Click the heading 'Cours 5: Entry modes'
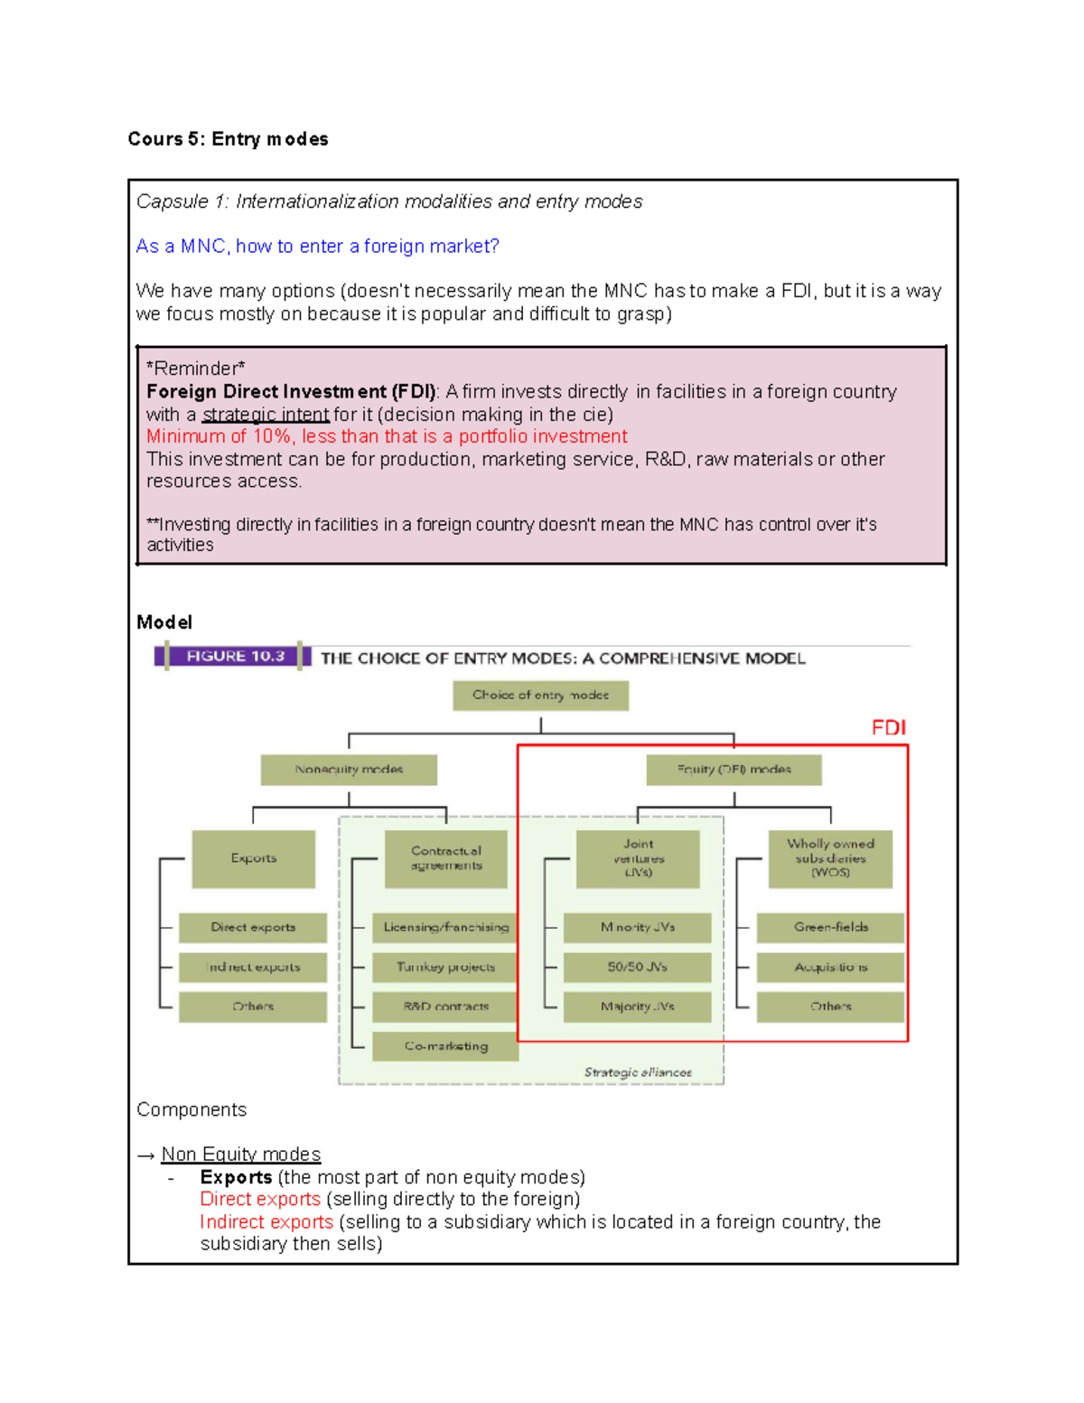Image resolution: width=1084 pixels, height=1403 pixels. point(228,139)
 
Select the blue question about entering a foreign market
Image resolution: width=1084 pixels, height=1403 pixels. point(317,246)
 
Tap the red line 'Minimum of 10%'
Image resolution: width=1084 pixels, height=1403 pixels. point(387,436)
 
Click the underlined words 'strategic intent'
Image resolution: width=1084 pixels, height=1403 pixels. point(266,415)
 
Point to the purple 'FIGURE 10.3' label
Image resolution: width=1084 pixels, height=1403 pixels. point(234,656)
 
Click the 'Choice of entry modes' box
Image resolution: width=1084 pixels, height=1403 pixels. point(540,695)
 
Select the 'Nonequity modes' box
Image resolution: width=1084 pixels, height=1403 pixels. point(349,770)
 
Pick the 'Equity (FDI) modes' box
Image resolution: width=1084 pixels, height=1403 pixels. point(734,770)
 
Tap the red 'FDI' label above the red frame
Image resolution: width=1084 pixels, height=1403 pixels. point(888,727)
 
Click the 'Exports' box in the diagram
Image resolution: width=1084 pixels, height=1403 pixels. point(253,858)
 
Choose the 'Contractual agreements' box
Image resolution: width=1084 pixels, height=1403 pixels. point(446,858)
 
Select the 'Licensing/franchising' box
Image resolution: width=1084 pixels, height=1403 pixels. point(445,927)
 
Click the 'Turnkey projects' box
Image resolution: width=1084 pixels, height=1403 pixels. point(445,967)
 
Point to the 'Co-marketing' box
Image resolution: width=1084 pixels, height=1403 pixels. point(445,1046)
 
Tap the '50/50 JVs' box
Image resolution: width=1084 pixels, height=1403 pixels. point(637,967)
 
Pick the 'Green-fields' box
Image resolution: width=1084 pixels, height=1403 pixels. point(830,927)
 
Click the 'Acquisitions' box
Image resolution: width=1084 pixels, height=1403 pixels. point(830,967)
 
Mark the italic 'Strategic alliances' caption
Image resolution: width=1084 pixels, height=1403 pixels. point(638,1072)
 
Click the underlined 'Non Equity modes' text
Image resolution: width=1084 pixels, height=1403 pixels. point(240,1155)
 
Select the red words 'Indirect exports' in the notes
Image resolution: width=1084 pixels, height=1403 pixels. point(266,1221)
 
